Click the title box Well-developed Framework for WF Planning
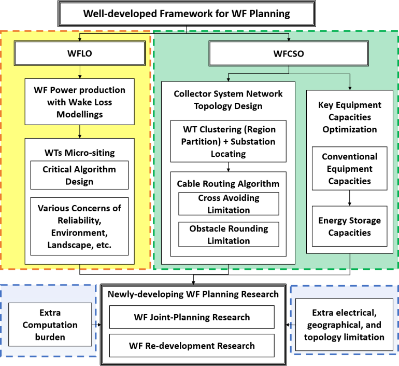click(187, 13)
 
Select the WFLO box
click(79, 53)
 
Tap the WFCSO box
click(289, 53)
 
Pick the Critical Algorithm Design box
click(79, 175)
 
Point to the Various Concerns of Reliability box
click(79, 226)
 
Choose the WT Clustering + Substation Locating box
click(229, 141)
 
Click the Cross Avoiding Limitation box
click(228, 204)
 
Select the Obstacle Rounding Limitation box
click(229, 235)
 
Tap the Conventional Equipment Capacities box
click(349, 169)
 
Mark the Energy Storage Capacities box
click(349, 226)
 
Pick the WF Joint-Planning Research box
click(192, 317)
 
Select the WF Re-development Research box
click(192, 345)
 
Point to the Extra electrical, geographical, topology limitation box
click(343, 324)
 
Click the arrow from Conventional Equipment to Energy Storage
click(349, 198)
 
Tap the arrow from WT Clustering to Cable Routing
click(229, 167)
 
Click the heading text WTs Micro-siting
click(79, 153)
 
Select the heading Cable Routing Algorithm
click(229, 184)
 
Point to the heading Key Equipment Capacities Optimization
click(349, 117)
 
